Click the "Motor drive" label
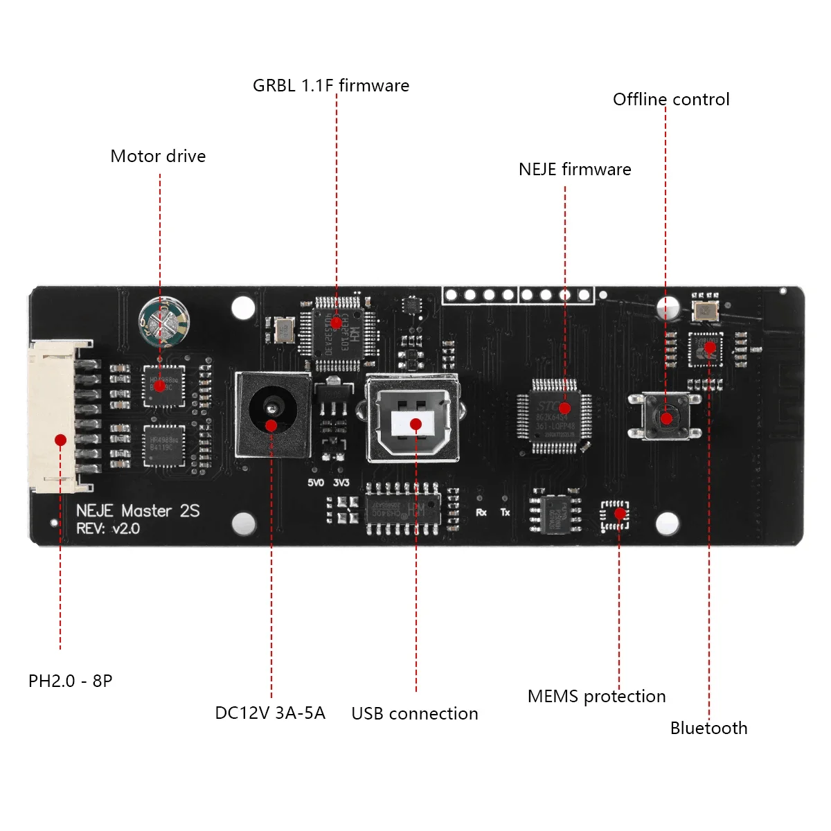(158, 157)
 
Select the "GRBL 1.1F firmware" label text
(331, 86)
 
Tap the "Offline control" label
(671, 100)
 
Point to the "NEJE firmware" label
(575, 170)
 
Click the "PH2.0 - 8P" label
(70, 681)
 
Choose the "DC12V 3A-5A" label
(270, 713)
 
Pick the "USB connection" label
(415, 714)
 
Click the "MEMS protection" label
(596, 697)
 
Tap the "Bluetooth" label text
(708, 729)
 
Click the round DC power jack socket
(271, 414)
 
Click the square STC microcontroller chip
(555, 416)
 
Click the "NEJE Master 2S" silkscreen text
(138, 511)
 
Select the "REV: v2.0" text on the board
(108, 529)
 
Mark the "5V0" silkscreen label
(316, 483)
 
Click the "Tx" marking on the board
(505, 512)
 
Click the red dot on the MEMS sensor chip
(620, 514)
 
